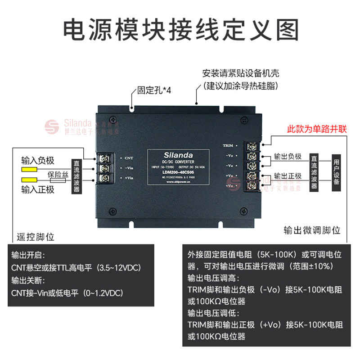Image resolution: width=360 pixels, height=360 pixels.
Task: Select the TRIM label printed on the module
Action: (x=228, y=146)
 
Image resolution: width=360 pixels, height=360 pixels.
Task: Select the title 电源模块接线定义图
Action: (x=180, y=30)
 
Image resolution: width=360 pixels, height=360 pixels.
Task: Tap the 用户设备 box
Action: (x=336, y=172)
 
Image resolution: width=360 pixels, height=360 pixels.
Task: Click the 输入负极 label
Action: (x=38, y=160)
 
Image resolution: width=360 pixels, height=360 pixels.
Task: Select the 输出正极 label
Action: (x=288, y=175)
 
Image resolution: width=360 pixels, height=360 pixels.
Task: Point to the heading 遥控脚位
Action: (x=35, y=236)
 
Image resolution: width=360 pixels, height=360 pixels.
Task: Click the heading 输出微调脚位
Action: (x=312, y=230)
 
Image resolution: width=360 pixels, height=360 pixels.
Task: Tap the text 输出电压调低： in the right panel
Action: (x=213, y=312)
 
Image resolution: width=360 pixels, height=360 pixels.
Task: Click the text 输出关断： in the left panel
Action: (x=28, y=280)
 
